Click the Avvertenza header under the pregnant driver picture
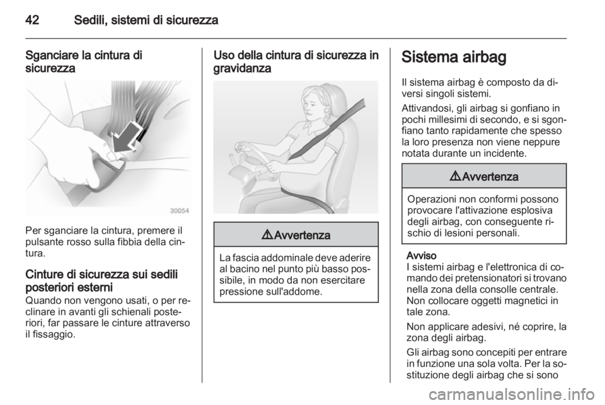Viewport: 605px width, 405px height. (x=296, y=234)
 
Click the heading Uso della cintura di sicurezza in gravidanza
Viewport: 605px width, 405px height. (x=296, y=61)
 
